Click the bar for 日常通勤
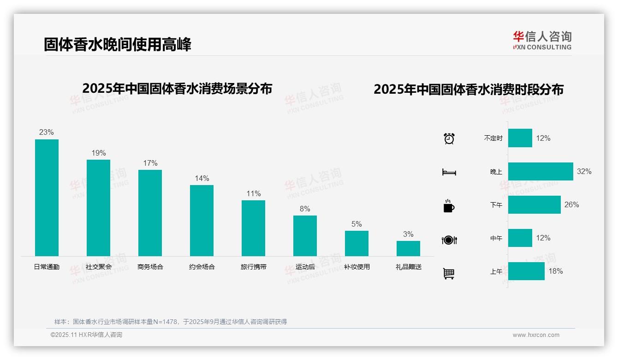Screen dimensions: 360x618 47,198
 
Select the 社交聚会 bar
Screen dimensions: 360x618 98,208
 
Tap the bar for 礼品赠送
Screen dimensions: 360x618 408,248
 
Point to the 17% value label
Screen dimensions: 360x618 150,163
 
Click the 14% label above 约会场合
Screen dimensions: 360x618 202,178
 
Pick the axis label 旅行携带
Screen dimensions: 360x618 253,267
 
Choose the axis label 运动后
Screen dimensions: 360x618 305,267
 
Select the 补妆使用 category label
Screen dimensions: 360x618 357,267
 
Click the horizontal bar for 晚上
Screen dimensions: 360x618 541,171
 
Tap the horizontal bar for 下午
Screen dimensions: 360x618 534,204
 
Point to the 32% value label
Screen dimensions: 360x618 584,171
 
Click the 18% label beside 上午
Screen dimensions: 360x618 555,271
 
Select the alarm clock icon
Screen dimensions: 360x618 449,138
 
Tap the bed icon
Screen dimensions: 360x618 449,172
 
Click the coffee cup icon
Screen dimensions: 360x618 449,206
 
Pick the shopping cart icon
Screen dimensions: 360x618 449,273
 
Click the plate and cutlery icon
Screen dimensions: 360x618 449,240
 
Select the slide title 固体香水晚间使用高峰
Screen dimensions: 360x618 118,44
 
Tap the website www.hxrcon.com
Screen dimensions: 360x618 535,335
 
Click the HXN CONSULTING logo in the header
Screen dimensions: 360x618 542,40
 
